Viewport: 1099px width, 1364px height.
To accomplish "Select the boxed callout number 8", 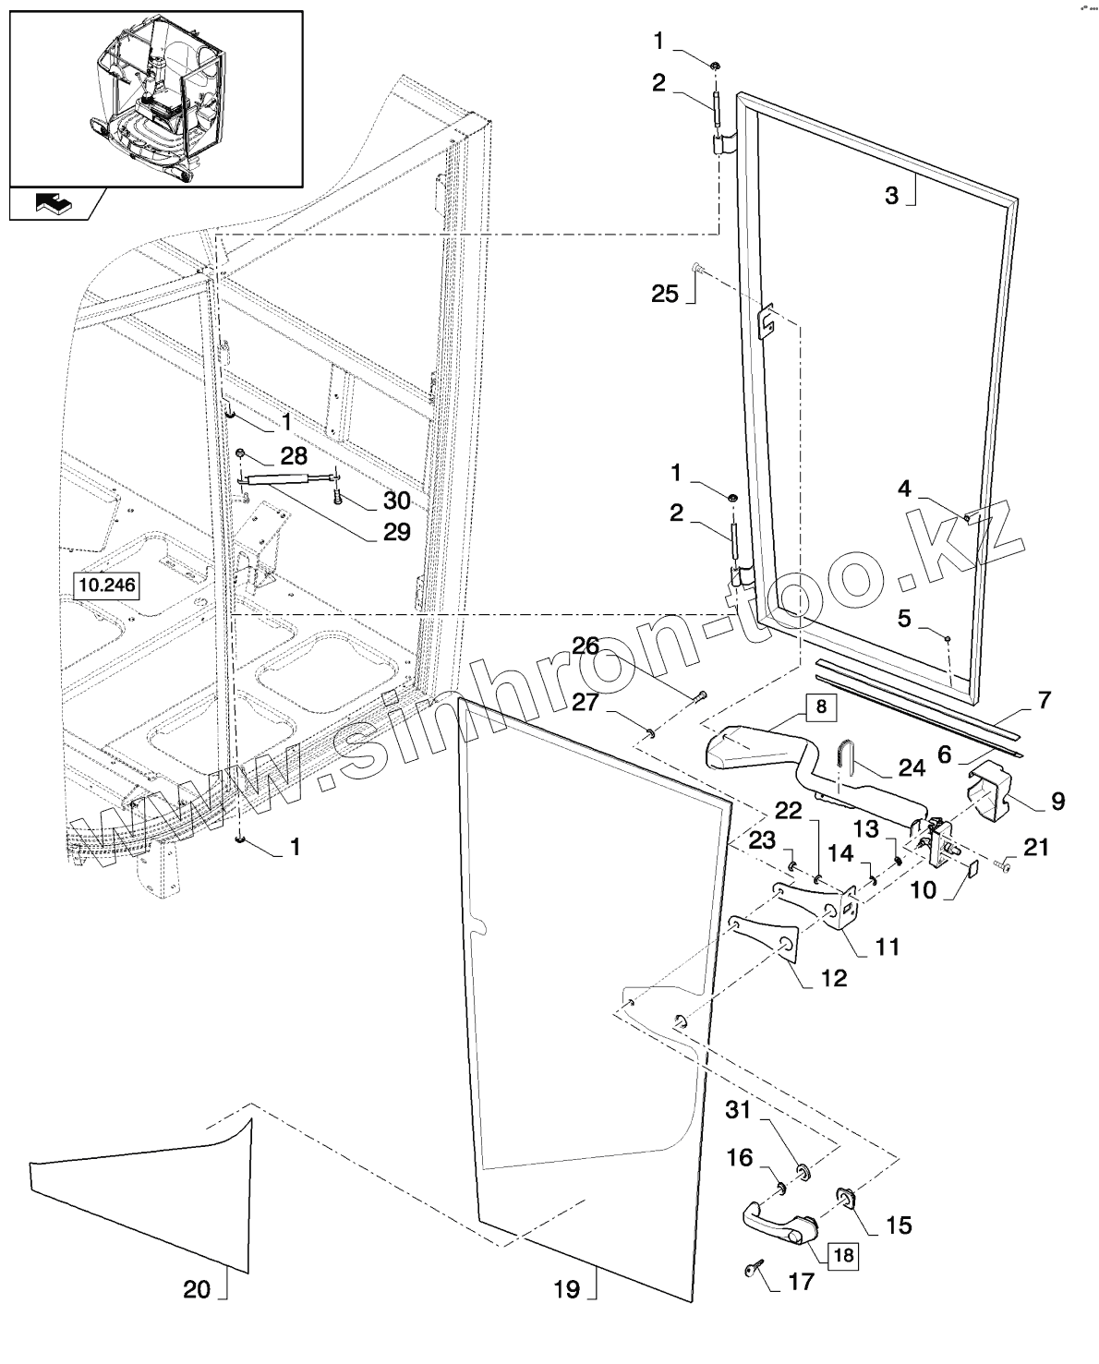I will pos(820,707).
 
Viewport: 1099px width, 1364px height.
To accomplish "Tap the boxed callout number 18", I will pos(842,1255).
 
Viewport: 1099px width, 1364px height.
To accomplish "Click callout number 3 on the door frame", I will pos(891,196).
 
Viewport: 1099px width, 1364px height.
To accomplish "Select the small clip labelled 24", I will pos(844,753).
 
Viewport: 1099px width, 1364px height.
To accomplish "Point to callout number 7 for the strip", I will pos(1044,700).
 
